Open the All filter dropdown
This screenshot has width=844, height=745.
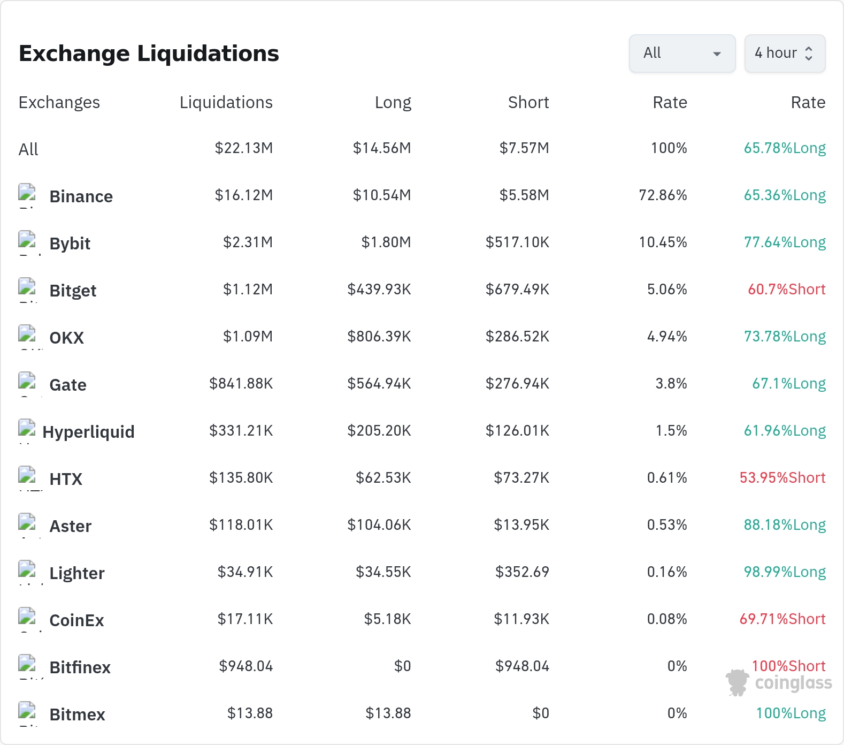682,54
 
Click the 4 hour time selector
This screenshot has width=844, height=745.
785,54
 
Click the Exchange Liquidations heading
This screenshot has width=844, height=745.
149,54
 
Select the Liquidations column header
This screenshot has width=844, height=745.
226,102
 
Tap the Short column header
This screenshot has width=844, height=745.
528,102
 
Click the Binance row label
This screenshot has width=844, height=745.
81,196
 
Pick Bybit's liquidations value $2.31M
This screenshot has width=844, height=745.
248,242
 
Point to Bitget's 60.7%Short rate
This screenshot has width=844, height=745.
786,290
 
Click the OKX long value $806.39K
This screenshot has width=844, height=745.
379,337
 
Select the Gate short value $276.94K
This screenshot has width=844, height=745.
517,384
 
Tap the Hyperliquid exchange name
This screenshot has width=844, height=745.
88,432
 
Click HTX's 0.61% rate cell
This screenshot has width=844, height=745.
667,478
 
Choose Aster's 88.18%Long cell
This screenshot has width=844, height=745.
785,525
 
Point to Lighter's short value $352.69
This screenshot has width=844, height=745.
522,572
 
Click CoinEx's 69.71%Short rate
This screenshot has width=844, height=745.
782,619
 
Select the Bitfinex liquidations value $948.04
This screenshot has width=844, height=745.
246,666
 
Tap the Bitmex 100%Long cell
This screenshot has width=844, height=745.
791,713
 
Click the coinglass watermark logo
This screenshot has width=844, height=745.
779,683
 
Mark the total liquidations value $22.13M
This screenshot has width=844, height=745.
244,148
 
